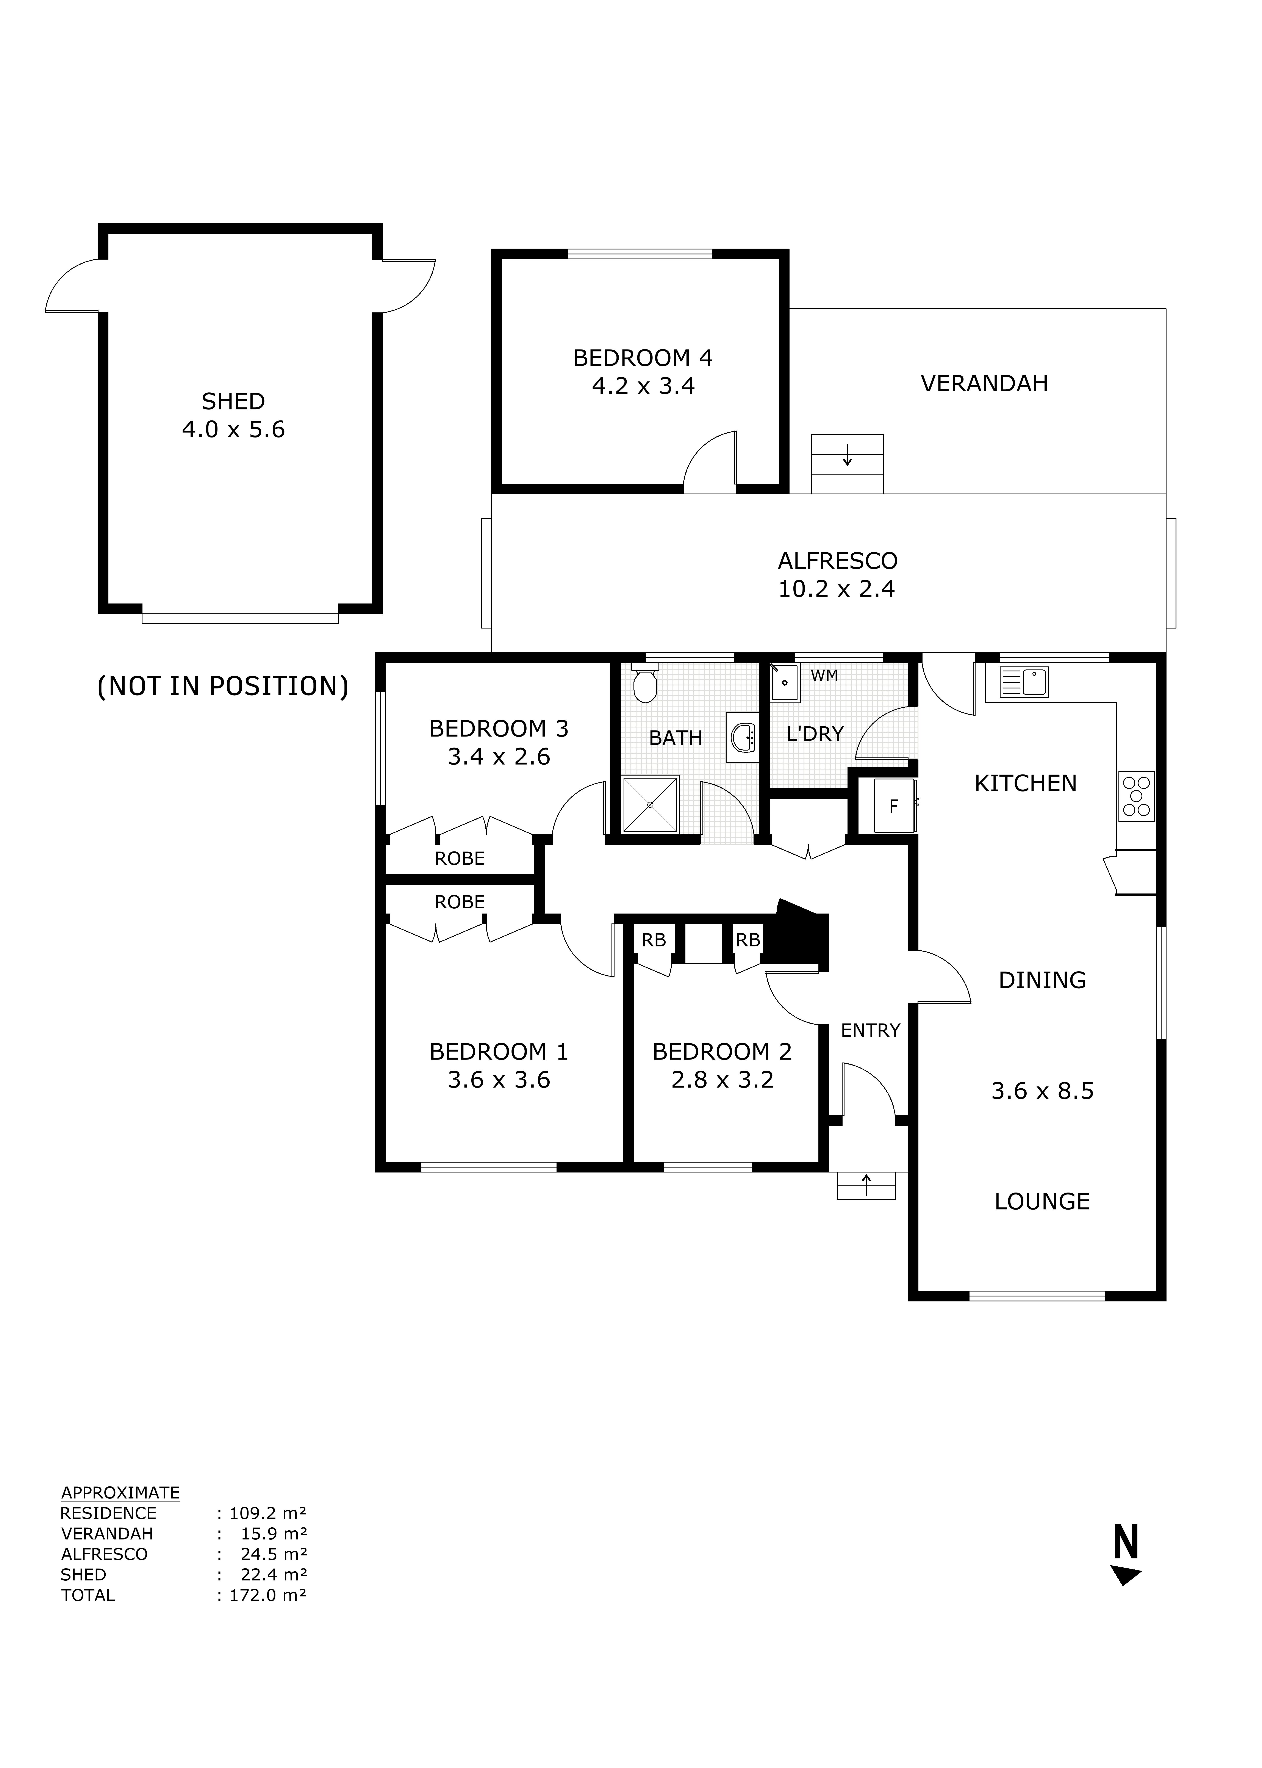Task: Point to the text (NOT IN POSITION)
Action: pyautogui.click(x=222, y=686)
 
